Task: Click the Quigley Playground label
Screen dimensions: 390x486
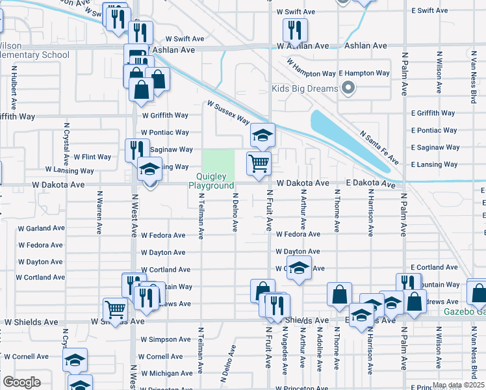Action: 211,181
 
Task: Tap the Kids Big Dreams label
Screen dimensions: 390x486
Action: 305,88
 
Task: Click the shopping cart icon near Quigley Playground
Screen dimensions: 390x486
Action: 259,163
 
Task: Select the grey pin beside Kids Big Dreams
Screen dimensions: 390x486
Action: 348,88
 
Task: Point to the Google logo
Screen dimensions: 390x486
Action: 21,382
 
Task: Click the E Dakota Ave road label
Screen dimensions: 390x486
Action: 370,185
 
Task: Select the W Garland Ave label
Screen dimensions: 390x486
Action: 42,229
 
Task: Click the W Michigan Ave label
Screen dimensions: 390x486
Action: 170,374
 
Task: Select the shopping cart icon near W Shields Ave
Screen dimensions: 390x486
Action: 115,309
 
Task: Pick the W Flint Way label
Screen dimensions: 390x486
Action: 92,157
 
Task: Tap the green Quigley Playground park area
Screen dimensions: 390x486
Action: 218,161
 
